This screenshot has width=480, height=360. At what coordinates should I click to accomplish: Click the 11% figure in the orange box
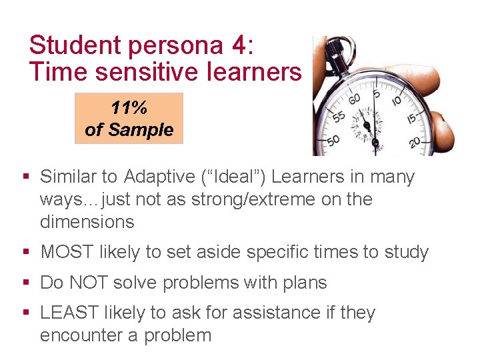(129, 108)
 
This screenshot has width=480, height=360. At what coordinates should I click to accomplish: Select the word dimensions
(87, 221)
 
